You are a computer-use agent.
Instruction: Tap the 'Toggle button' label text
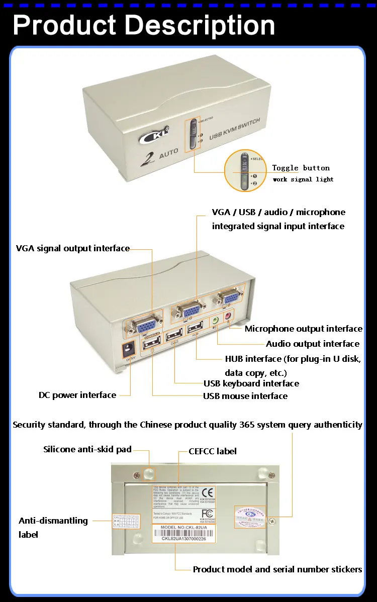(301, 168)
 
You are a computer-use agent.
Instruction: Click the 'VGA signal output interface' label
(73, 248)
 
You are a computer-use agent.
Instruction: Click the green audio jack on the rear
(215, 319)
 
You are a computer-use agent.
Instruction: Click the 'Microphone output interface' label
(303, 329)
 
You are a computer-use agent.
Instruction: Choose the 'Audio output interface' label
(312, 344)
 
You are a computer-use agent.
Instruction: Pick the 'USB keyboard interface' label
(251, 383)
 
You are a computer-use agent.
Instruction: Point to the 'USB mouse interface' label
(245, 396)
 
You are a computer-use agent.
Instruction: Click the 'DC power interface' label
(77, 395)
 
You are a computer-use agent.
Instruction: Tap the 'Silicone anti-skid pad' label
(87, 449)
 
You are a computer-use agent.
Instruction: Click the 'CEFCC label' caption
(212, 451)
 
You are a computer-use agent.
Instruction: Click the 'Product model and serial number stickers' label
(277, 569)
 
